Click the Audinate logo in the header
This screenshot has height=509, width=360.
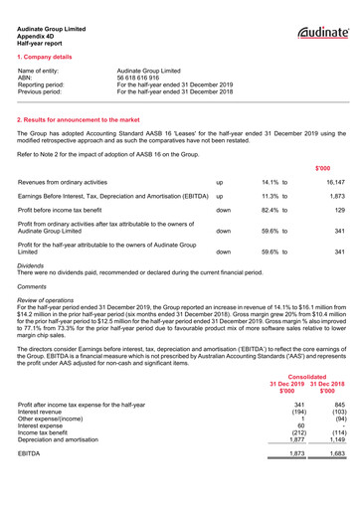pyautogui.click(x=320, y=34)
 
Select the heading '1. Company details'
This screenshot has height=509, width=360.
pyautogui.click(x=46, y=58)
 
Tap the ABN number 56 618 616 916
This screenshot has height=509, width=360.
pyautogui.click(x=144, y=79)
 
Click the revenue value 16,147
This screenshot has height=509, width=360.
pyautogui.click(x=335, y=184)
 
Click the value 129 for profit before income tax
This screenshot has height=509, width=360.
pyautogui.click(x=338, y=212)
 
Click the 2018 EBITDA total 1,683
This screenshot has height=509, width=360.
pyautogui.click(x=335, y=453)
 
